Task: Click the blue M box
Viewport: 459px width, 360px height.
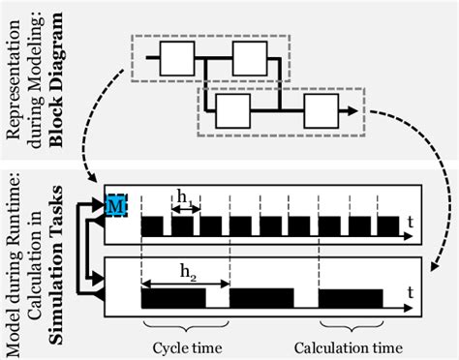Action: click(x=115, y=205)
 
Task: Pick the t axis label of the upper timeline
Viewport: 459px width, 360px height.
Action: click(x=411, y=223)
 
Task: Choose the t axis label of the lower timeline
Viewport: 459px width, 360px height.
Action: click(x=411, y=290)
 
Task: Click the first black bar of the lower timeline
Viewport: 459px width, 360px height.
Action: click(x=174, y=298)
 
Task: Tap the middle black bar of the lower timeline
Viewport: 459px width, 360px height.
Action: click(x=262, y=298)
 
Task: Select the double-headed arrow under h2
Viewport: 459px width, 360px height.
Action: click(x=186, y=283)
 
